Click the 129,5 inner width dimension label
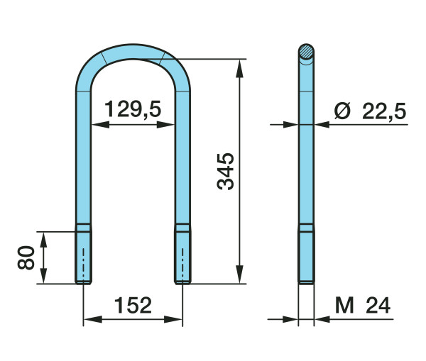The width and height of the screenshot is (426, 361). pyautogui.click(x=133, y=109)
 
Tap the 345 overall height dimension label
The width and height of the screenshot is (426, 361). pyautogui.click(x=226, y=171)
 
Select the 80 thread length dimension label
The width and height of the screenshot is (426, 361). pyautogui.click(x=26, y=257)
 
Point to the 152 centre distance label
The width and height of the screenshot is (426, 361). pyautogui.click(x=133, y=306)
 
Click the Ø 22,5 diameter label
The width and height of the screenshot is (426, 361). pyautogui.click(x=371, y=111)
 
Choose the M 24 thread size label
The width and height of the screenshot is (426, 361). pyautogui.click(x=363, y=306)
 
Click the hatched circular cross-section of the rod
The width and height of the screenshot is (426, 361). pyautogui.click(x=306, y=52)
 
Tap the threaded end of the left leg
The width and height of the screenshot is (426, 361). pyautogui.click(x=83, y=257)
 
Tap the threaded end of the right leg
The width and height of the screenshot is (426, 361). pyautogui.click(x=182, y=257)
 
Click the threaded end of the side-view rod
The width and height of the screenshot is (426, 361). pyautogui.click(x=306, y=257)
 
